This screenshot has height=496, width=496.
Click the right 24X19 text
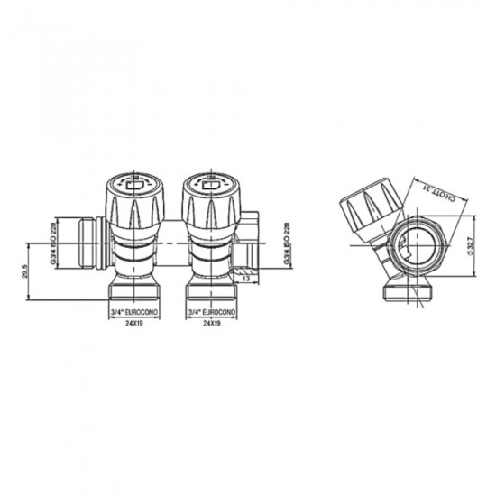click(x=211, y=322)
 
